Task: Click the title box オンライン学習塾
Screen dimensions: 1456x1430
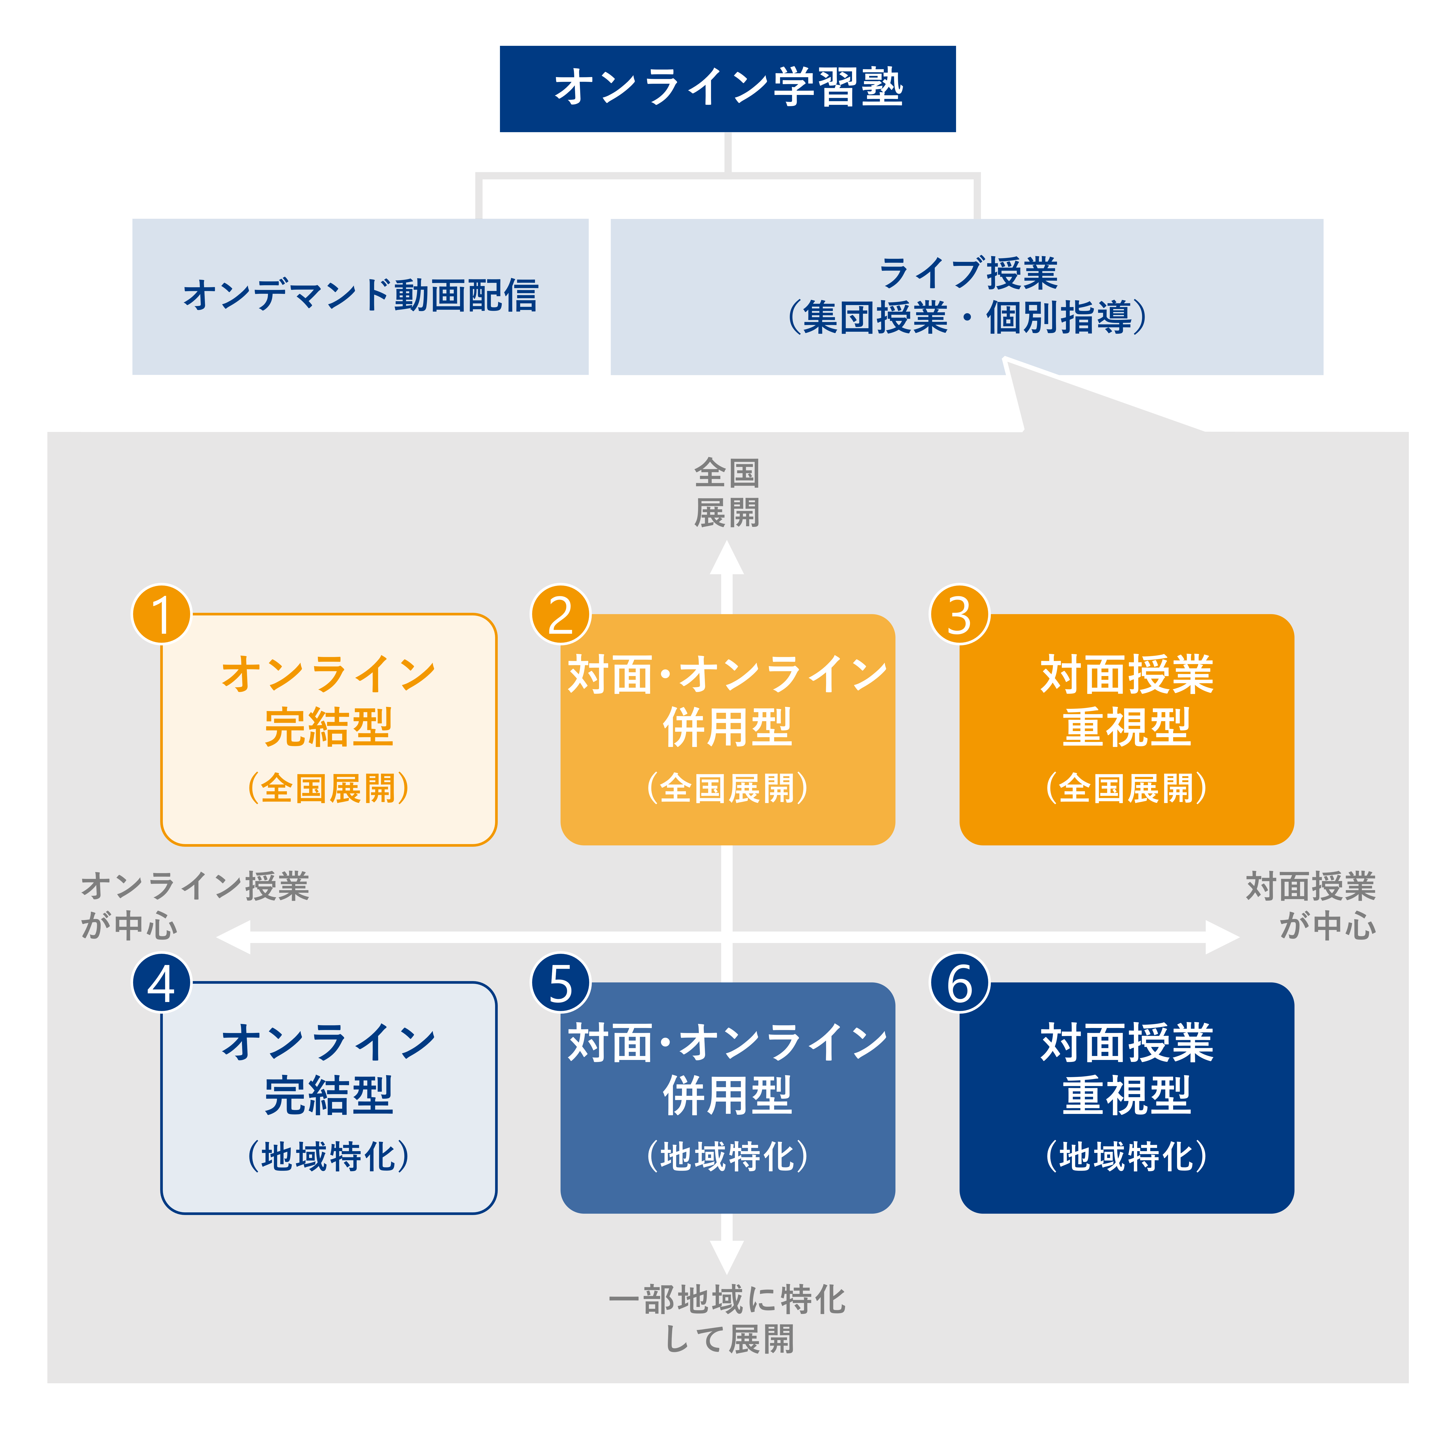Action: [727, 89]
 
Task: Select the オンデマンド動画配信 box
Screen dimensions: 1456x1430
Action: [360, 297]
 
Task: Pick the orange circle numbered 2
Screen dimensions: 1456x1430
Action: [561, 614]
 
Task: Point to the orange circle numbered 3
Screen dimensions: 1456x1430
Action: [959, 614]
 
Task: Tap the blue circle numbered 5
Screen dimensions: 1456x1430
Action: [561, 982]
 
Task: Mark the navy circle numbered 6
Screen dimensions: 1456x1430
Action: [959, 982]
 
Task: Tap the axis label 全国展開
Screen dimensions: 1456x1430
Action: [727, 493]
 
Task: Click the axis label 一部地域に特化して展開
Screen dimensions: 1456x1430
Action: [727, 1320]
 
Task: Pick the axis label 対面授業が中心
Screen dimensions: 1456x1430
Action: [1311, 906]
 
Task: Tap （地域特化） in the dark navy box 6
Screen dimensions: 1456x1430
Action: [1127, 1156]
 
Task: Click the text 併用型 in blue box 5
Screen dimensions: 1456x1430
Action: [727, 1095]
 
